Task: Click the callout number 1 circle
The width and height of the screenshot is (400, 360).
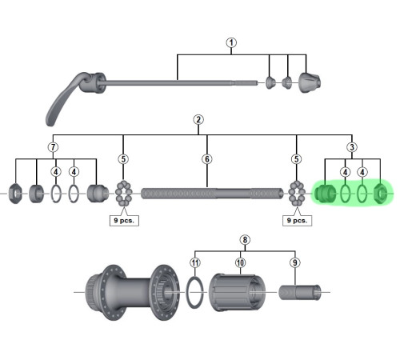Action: pos(231,42)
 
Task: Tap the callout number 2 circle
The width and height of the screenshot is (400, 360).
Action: pos(198,119)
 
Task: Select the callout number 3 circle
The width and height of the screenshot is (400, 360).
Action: pos(352,147)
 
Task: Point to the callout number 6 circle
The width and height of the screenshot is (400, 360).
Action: pos(207,159)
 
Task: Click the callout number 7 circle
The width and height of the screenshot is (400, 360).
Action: pos(53,147)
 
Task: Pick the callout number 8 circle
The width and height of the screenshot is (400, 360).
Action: pos(245,240)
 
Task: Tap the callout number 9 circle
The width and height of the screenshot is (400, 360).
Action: pos(295,262)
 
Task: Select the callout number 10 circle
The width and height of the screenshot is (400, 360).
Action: pos(240,262)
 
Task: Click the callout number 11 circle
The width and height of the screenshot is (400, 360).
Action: pos(195,262)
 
